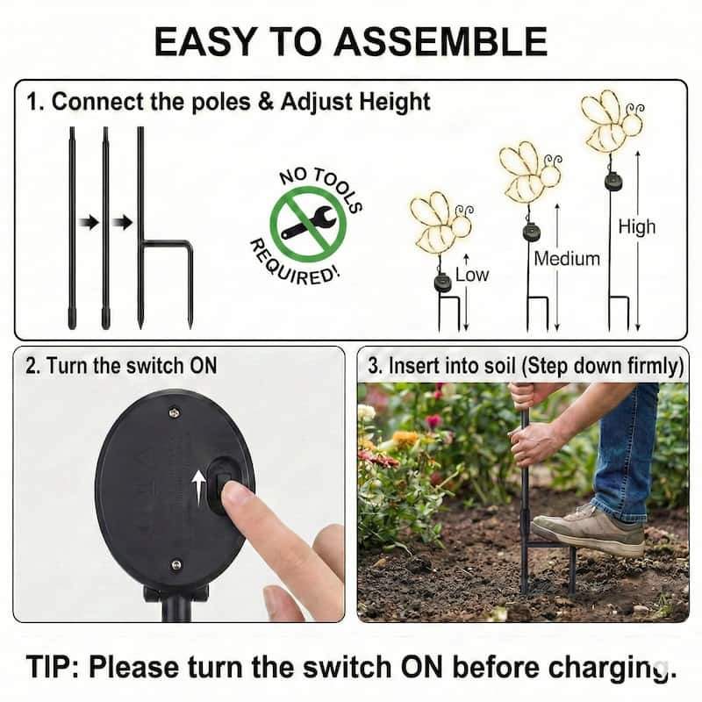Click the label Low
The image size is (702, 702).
point(471,275)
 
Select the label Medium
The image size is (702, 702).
point(566,259)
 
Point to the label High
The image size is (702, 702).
point(636,227)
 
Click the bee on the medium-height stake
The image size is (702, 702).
point(528,173)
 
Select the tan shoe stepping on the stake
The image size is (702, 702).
point(587,528)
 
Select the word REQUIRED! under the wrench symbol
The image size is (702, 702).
point(293,263)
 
